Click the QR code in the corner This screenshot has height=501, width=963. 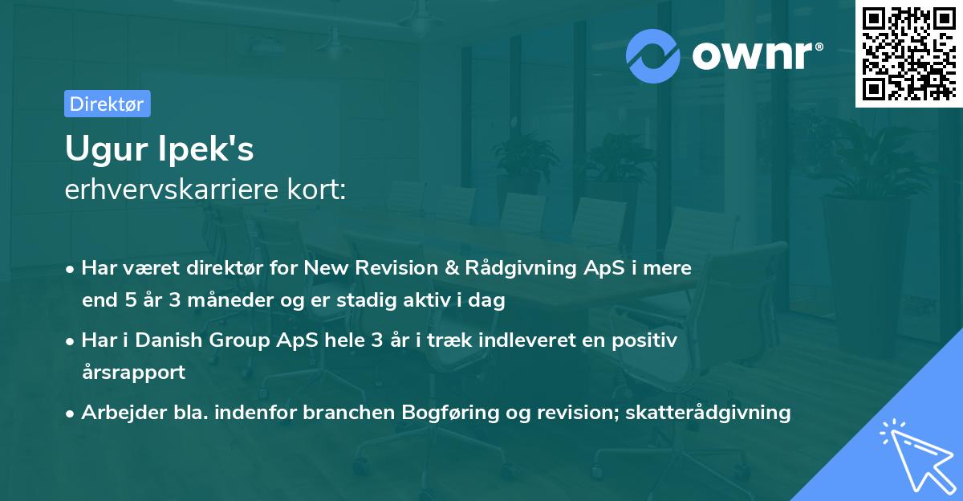[x=908, y=53]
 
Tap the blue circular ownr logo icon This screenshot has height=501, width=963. [x=652, y=55]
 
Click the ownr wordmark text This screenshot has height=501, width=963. [x=758, y=55]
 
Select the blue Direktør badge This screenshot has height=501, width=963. [x=108, y=104]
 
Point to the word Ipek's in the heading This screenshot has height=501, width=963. [x=206, y=149]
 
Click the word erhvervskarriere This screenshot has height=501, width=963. [x=172, y=189]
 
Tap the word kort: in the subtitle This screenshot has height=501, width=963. [x=316, y=189]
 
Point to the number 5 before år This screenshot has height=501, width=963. [x=130, y=300]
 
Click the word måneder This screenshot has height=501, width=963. [x=230, y=300]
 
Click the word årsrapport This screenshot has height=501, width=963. [x=133, y=373]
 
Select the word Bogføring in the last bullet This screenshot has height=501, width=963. [x=450, y=413]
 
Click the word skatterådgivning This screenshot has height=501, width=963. [x=708, y=413]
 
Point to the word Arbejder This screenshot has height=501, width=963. [x=124, y=413]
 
